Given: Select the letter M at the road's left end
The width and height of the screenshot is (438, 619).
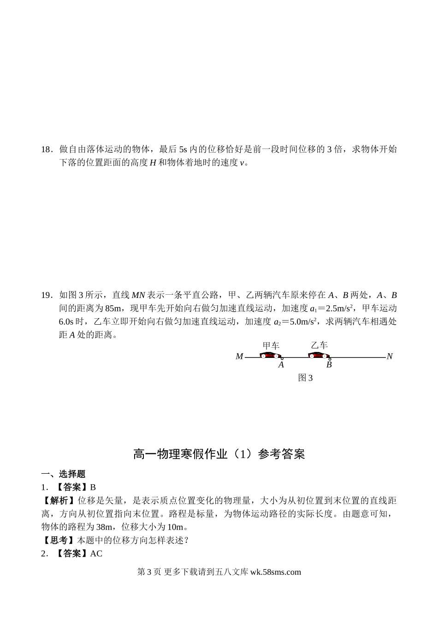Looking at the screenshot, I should pyautogui.click(x=239, y=357).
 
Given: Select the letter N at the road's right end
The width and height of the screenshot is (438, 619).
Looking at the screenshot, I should pyautogui.click(x=390, y=357).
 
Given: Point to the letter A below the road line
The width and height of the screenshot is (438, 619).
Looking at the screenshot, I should pyautogui.click(x=281, y=365).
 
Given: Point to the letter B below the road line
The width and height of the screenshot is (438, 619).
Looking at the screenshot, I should pyautogui.click(x=329, y=365).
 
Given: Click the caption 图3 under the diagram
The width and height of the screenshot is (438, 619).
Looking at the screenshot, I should pyautogui.click(x=305, y=378).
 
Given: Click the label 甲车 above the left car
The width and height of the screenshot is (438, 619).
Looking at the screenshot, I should pyautogui.click(x=271, y=345).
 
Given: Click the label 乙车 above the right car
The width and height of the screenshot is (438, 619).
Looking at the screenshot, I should pyautogui.click(x=319, y=345).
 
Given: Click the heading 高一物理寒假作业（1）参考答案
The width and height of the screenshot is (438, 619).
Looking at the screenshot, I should pyautogui.click(x=219, y=454).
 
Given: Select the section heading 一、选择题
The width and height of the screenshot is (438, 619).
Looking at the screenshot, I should pyautogui.click(x=63, y=474).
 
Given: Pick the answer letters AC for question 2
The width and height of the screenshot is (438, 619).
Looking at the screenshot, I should pyautogui.click(x=96, y=554).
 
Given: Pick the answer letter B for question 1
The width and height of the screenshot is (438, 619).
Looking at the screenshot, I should pyautogui.click(x=93, y=487).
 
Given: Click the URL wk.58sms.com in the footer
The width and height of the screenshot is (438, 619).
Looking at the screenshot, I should pyautogui.click(x=275, y=572).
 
